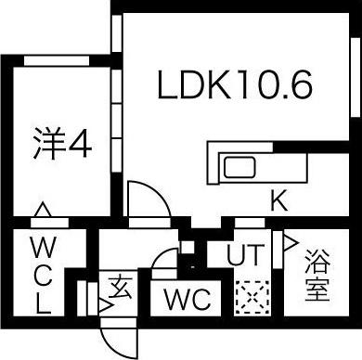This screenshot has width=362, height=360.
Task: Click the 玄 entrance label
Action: (x=119, y=284)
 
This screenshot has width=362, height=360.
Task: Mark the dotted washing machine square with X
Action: (x=249, y=297)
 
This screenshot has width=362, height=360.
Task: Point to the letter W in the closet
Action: (x=42, y=247)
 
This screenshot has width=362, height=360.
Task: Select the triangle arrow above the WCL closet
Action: (x=42, y=211)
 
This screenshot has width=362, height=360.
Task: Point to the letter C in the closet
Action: (x=42, y=274)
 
